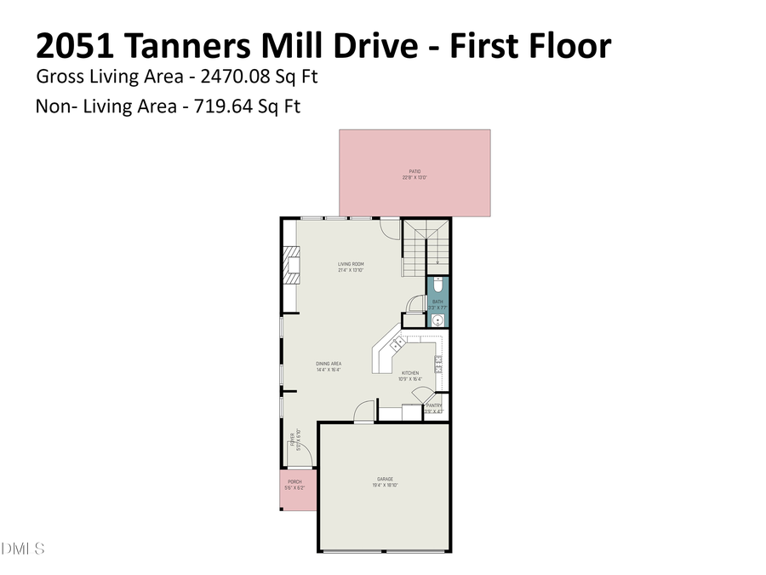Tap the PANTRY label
[x=434, y=406]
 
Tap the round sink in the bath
[x=437, y=320]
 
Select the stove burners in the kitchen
[x=440, y=365]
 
